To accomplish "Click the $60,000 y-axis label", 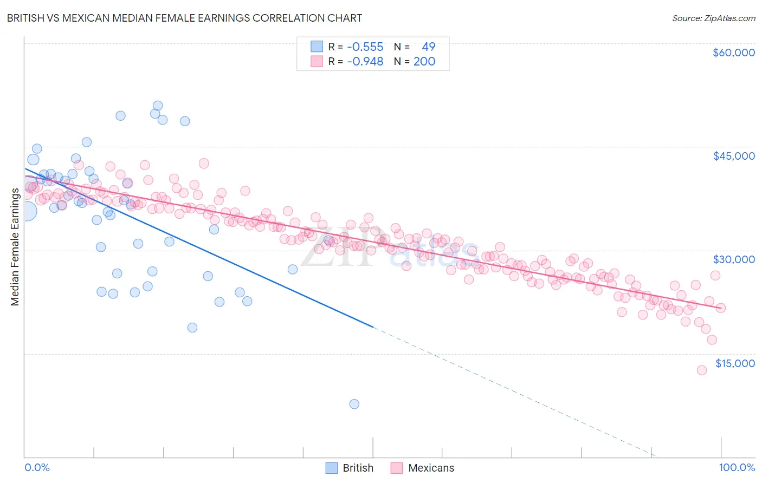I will click(733, 53).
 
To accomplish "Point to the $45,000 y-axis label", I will click(733, 156).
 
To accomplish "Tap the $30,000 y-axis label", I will click(733, 259).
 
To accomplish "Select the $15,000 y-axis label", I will click(735, 363).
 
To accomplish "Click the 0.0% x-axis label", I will click(37, 467).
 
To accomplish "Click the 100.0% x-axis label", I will click(737, 467).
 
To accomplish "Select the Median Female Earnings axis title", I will click(15, 247).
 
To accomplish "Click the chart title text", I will click(184, 18).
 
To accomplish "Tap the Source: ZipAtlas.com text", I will click(713, 18).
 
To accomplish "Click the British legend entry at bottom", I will click(350, 468).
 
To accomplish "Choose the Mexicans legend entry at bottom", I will click(423, 468).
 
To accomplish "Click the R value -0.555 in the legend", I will click(365, 47).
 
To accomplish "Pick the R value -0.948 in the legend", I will click(365, 62).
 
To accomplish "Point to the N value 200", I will click(424, 62).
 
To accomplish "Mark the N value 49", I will click(428, 47).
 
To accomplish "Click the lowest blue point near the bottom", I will click(354, 404).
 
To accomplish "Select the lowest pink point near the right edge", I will click(701, 370).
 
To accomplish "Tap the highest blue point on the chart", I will click(158, 106).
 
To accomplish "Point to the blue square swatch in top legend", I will click(317, 47).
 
